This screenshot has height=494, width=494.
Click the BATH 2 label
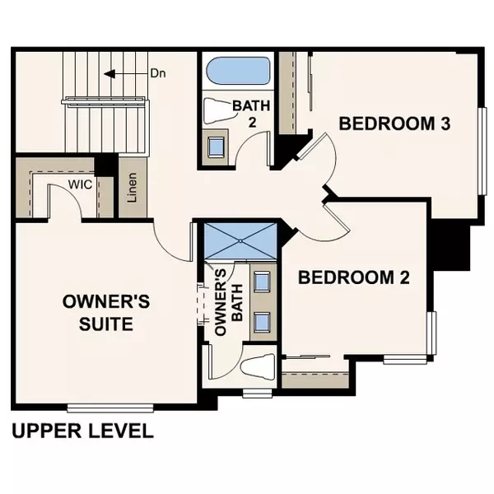pyautogui.click(x=249, y=114)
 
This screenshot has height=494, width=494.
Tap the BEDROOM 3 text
pyautogui.click(x=394, y=124)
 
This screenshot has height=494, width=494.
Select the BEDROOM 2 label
pyautogui.click(x=353, y=277)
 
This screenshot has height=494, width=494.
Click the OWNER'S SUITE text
pyautogui.click(x=106, y=313)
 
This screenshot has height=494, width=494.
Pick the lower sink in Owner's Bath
pyautogui.click(x=263, y=321)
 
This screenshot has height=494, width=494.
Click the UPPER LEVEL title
pyautogui.click(x=82, y=431)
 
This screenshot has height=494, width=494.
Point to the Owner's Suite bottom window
pyautogui.click(x=110, y=407)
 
